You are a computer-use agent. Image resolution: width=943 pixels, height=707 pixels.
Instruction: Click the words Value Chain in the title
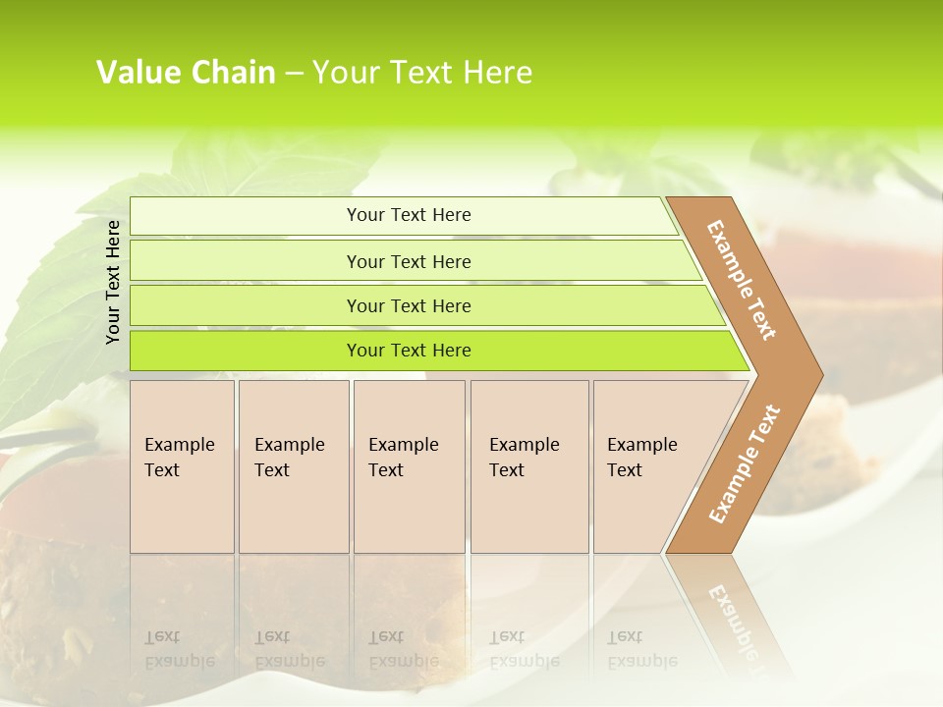[x=186, y=73]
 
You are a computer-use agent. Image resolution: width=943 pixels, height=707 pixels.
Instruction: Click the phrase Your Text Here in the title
[x=422, y=73]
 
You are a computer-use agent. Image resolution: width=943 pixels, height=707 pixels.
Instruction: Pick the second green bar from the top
[x=409, y=261]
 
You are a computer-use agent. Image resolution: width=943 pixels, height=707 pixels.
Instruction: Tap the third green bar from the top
[x=409, y=305]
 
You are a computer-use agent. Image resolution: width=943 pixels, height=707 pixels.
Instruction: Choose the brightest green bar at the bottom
[x=409, y=351]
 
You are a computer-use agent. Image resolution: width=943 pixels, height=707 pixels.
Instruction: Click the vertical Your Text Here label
[x=113, y=282]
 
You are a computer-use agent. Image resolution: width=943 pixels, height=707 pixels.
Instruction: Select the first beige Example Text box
[x=182, y=465]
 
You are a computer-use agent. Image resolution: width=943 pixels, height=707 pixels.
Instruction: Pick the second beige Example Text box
[x=293, y=465]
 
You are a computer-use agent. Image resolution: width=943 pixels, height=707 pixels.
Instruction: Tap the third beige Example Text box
[x=408, y=465]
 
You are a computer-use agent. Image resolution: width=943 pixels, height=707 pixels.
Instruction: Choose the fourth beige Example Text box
[x=528, y=465]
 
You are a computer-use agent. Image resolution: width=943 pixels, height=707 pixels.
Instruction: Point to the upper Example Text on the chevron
[x=742, y=279]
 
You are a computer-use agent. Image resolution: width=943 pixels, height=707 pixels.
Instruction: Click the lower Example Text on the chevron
[x=745, y=463]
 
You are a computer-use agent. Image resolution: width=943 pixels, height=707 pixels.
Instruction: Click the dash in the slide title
[x=293, y=74]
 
